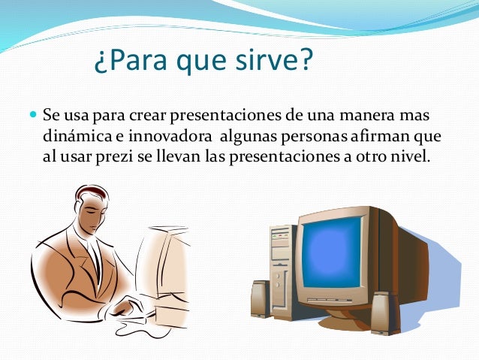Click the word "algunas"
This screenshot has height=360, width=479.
(x=246, y=139)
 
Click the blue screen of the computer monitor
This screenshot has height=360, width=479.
(x=335, y=256)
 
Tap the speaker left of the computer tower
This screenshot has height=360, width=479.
(x=259, y=301)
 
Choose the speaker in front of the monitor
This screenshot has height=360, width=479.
(x=382, y=311)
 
